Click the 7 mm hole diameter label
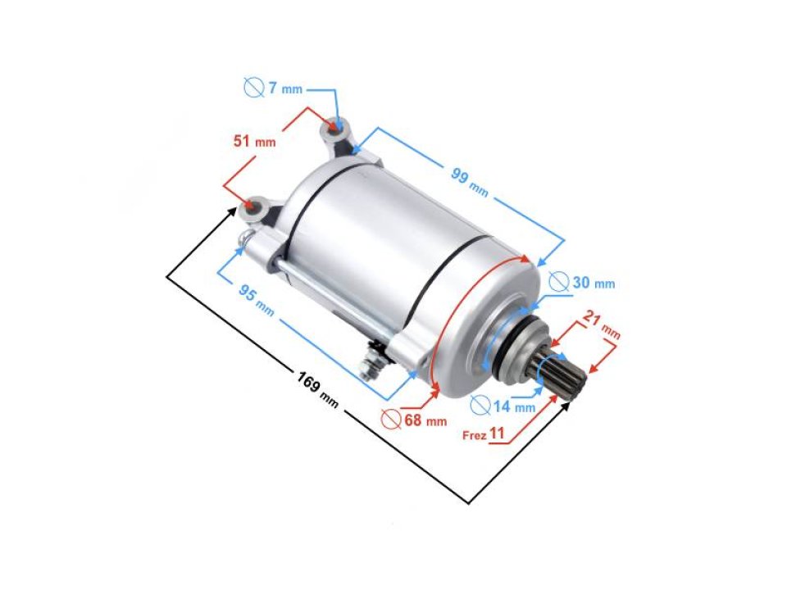282,88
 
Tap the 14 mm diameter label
514,406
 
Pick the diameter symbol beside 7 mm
253,88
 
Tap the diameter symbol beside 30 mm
558,283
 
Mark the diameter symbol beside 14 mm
481,405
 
